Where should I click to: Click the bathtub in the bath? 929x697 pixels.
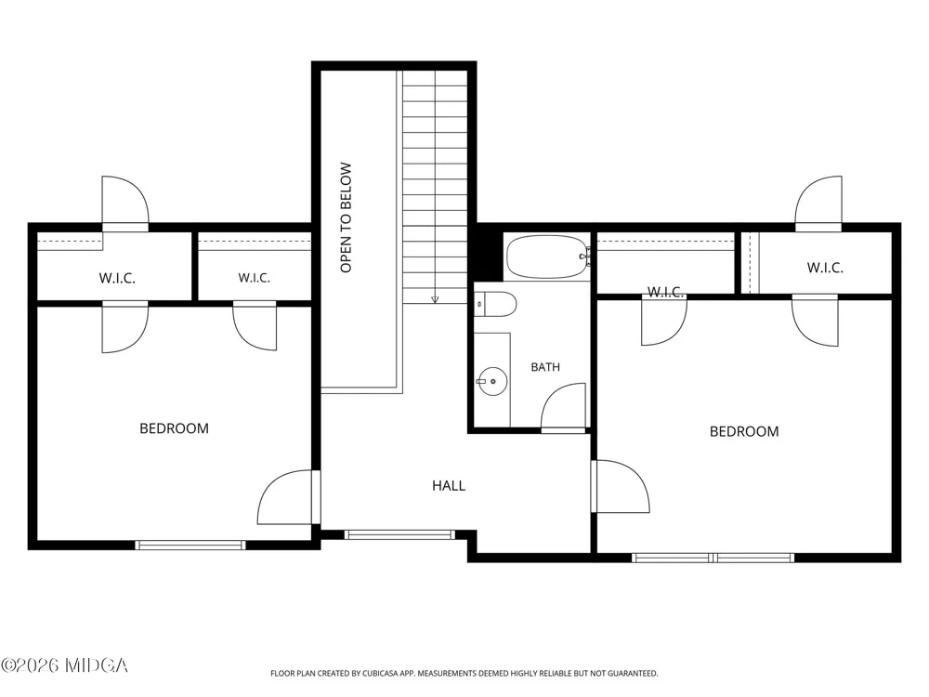click(547, 256)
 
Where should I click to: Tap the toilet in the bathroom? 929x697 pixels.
click(496, 304)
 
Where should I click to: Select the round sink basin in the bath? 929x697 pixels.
click(492, 381)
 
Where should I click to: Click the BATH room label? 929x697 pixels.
click(545, 367)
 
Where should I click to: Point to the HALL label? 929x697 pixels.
click(449, 486)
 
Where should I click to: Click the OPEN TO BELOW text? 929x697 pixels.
click(346, 217)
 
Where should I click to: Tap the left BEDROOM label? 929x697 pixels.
click(175, 428)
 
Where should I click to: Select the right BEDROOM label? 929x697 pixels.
click(744, 431)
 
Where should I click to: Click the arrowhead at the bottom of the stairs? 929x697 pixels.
click(435, 300)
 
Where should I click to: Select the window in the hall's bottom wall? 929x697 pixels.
click(399, 534)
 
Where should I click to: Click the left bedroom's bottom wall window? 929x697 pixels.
click(190, 546)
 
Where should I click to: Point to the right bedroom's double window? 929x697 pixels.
click(713, 558)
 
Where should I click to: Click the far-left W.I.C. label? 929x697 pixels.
click(117, 278)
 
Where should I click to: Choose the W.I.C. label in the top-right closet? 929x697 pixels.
click(825, 268)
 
